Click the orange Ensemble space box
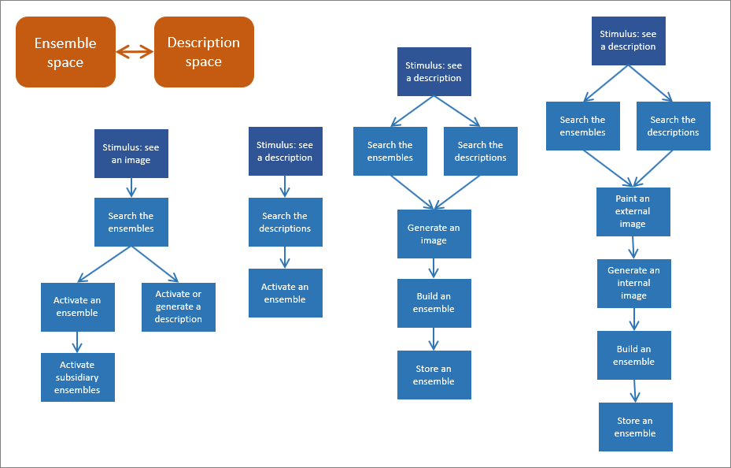(x=65, y=52)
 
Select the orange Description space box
(x=204, y=52)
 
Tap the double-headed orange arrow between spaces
(x=135, y=52)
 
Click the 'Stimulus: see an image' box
(x=131, y=154)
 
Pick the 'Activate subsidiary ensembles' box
(x=77, y=377)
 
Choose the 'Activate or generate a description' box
(x=178, y=306)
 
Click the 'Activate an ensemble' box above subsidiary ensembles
(x=77, y=306)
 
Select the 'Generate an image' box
(x=434, y=234)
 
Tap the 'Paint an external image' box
(x=633, y=211)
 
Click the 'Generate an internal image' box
(x=633, y=283)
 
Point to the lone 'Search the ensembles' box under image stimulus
(x=131, y=222)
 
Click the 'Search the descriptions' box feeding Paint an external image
(x=673, y=126)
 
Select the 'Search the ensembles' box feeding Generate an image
(x=389, y=151)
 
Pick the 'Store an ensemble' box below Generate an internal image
(x=635, y=427)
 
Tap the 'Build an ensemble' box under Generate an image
(x=434, y=303)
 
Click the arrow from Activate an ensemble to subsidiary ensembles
(x=77, y=342)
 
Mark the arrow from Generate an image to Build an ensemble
(x=434, y=269)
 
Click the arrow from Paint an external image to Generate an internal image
(x=633, y=247)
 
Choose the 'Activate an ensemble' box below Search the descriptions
(x=285, y=293)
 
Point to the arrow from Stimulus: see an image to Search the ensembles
(x=131, y=188)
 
